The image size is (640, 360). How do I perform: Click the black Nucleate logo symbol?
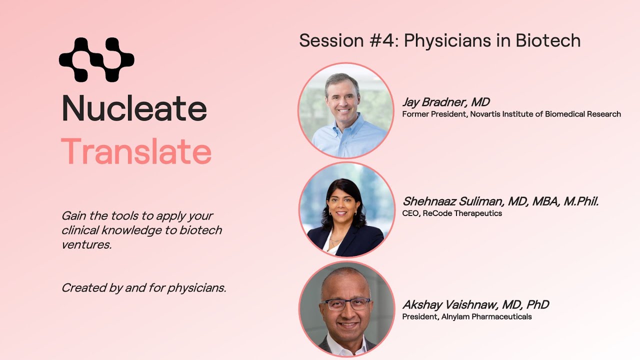(x=96, y=59)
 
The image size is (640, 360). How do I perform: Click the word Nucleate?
(x=134, y=108)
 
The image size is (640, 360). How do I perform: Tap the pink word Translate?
(x=136, y=152)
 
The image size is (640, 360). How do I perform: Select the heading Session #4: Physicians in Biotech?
(x=439, y=40)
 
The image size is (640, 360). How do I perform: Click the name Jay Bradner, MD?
(x=446, y=102)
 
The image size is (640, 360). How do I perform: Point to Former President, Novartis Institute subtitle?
(x=511, y=114)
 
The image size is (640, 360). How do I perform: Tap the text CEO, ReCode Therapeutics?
(x=452, y=213)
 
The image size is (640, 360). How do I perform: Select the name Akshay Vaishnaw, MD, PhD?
(x=475, y=304)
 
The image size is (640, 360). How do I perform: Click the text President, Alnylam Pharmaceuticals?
(x=467, y=316)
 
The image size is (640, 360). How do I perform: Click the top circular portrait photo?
(x=346, y=110)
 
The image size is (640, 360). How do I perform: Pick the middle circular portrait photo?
(x=346, y=209)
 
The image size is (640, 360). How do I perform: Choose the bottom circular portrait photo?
(x=346, y=308)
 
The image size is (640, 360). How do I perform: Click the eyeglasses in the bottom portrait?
(x=346, y=303)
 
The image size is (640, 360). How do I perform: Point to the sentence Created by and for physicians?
(x=144, y=288)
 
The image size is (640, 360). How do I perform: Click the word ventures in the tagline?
(x=86, y=245)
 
